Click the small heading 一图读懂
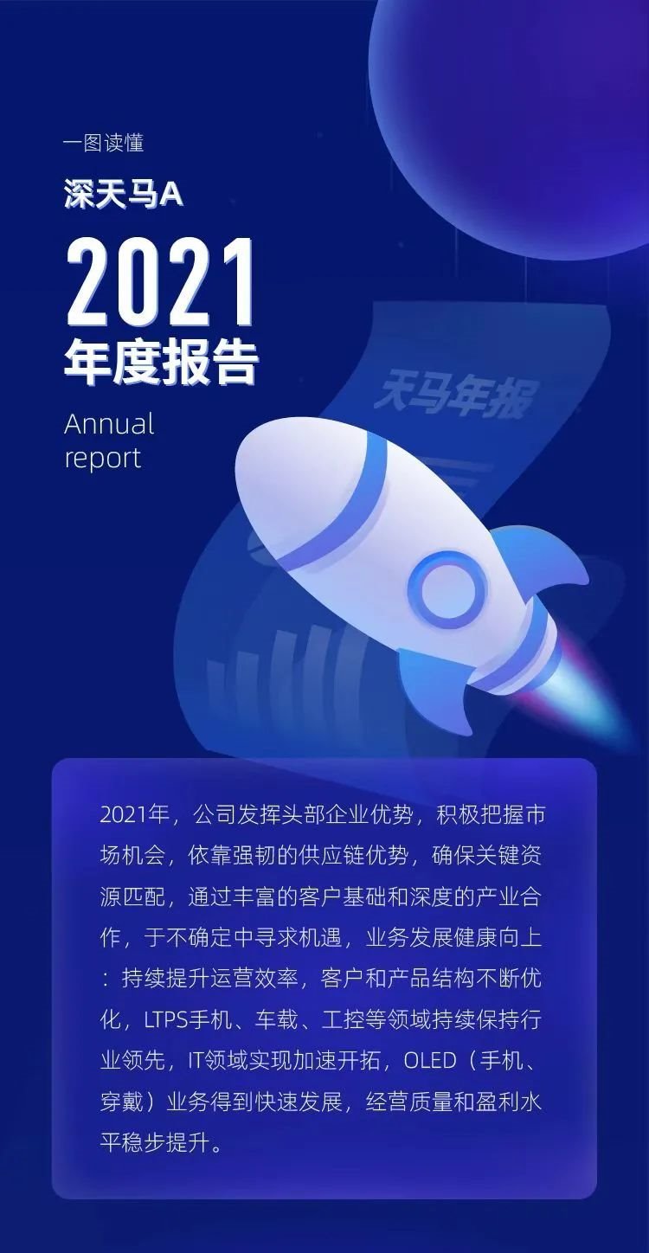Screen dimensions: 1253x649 click(x=104, y=143)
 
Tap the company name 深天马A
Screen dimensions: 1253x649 click(x=124, y=195)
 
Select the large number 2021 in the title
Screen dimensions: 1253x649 click(x=160, y=280)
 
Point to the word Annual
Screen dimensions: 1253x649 click(x=109, y=424)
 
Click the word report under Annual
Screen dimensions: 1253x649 click(x=102, y=458)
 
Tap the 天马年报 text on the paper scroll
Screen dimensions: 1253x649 click(x=455, y=397)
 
